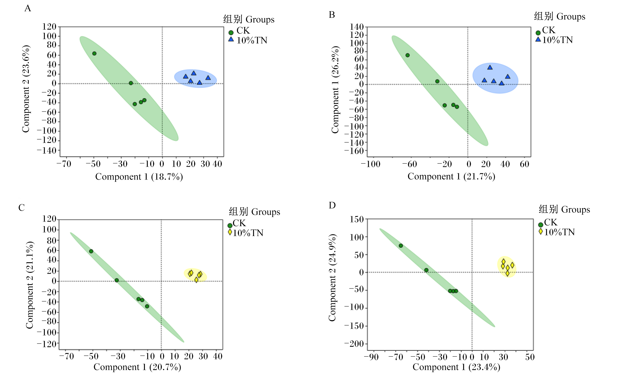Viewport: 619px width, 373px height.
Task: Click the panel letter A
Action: click(28, 8)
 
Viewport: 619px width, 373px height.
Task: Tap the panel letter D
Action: click(332, 205)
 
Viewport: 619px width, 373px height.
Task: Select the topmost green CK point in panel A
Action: click(94, 53)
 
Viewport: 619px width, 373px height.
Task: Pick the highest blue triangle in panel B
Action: click(490, 67)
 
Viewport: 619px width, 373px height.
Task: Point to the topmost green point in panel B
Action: click(408, 55)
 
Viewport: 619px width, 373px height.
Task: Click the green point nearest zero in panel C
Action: click(117, 280)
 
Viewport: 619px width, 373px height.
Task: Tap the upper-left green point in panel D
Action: click(401, 246)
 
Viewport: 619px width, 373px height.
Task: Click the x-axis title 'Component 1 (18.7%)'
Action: click(139, 177)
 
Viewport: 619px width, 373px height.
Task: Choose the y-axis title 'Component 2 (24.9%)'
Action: click(332, 277)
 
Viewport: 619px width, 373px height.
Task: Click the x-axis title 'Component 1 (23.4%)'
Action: click(456, 367)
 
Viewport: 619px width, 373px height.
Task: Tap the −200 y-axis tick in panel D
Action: click(354, 344)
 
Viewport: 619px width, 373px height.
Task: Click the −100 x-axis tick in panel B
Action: click(371, 164)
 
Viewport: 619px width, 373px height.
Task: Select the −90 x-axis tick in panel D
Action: click(371, 357)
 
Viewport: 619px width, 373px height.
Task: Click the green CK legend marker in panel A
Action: click(231, 32)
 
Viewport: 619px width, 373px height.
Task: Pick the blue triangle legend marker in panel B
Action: click(538, 39)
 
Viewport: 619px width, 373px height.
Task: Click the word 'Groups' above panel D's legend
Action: click(576, 209)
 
